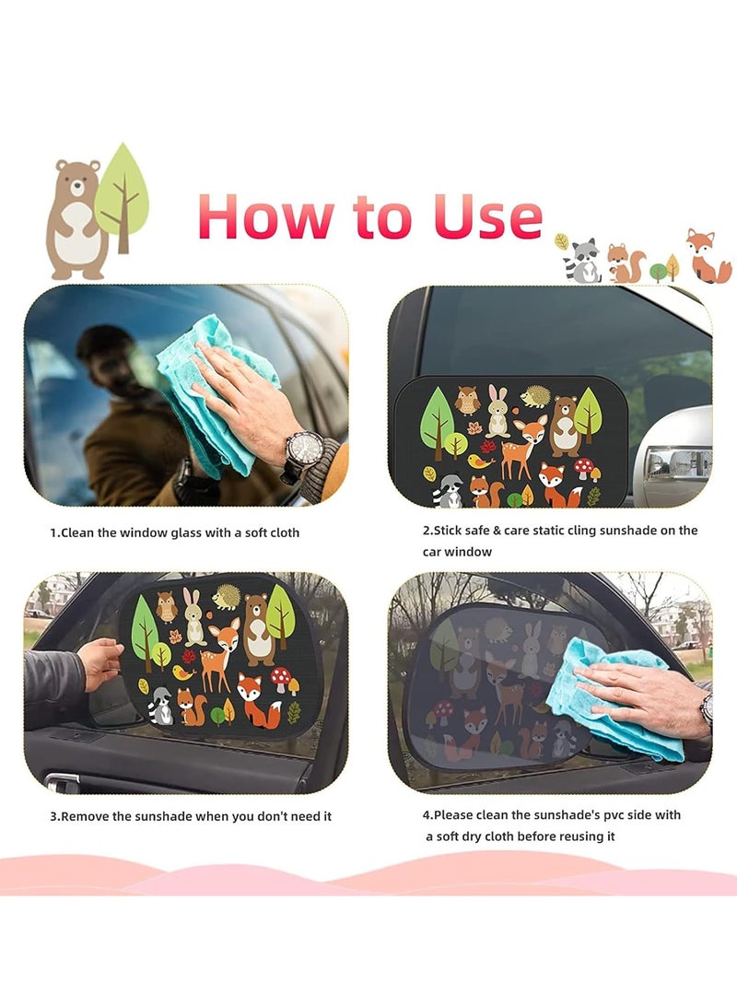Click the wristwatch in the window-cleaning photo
click(x=304, y=452)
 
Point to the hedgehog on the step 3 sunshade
click(x=226, y=597)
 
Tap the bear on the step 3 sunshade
click(x=260, y=628)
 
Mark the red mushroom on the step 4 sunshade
click(x=444, y=712)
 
